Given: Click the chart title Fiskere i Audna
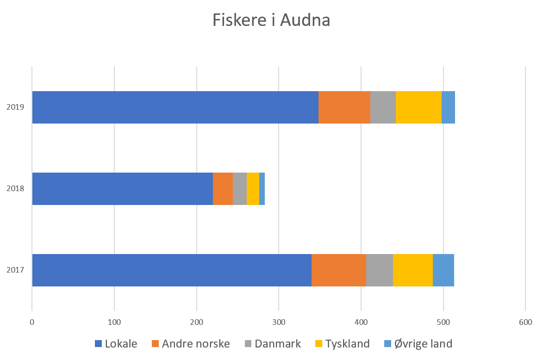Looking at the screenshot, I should [x=271, y=20].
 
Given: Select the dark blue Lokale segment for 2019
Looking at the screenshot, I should [x=175, y=107].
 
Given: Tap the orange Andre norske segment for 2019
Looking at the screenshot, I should [x=344, y=107].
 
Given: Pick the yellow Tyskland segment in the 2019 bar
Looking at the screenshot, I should [x=418, y=107].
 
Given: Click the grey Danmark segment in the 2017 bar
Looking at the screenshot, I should [x=380, y=270].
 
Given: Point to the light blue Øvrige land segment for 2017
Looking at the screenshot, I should [x=443, y=270].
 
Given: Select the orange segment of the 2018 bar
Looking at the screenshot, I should [x=223, y=189].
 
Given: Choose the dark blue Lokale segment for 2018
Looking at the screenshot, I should [x=122, y=189].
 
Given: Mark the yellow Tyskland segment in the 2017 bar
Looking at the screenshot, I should [x=413, y=270].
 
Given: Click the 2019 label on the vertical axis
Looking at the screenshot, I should [x=15, y=107].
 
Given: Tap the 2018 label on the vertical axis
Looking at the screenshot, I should [x=15, y=189].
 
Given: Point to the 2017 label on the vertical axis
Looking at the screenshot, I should [x=15, y=270].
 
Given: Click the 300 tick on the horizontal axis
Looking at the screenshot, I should [x=279, y=322].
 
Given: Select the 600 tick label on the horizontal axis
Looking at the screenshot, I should [x=525, y=322].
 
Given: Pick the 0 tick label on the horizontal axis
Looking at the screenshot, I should [x=32, y=322].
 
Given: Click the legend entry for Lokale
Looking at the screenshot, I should [x=116, y=344].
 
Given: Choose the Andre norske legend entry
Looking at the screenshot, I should [x=191, y=344].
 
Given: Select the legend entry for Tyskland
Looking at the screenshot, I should [x=342, y=344].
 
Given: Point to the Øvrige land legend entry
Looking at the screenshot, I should [x=418, y=344].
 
